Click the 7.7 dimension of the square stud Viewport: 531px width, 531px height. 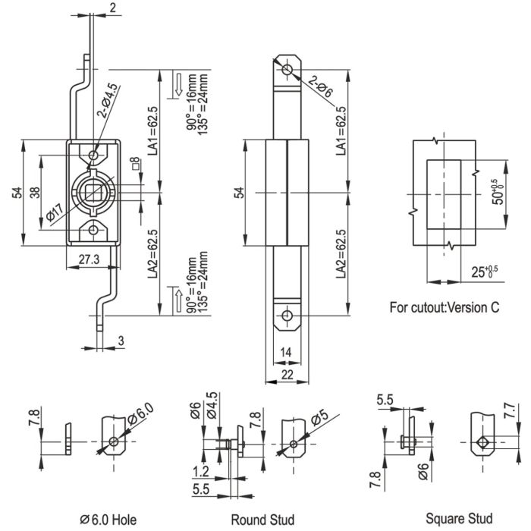click(x=510, y=411)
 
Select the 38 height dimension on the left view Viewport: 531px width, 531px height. click(x=35, y=193)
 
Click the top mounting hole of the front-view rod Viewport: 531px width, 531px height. click(x=287, y=70)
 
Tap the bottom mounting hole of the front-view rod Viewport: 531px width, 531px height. click(x=287, y=316)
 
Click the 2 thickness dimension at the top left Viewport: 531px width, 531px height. click(x=112, y=8)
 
